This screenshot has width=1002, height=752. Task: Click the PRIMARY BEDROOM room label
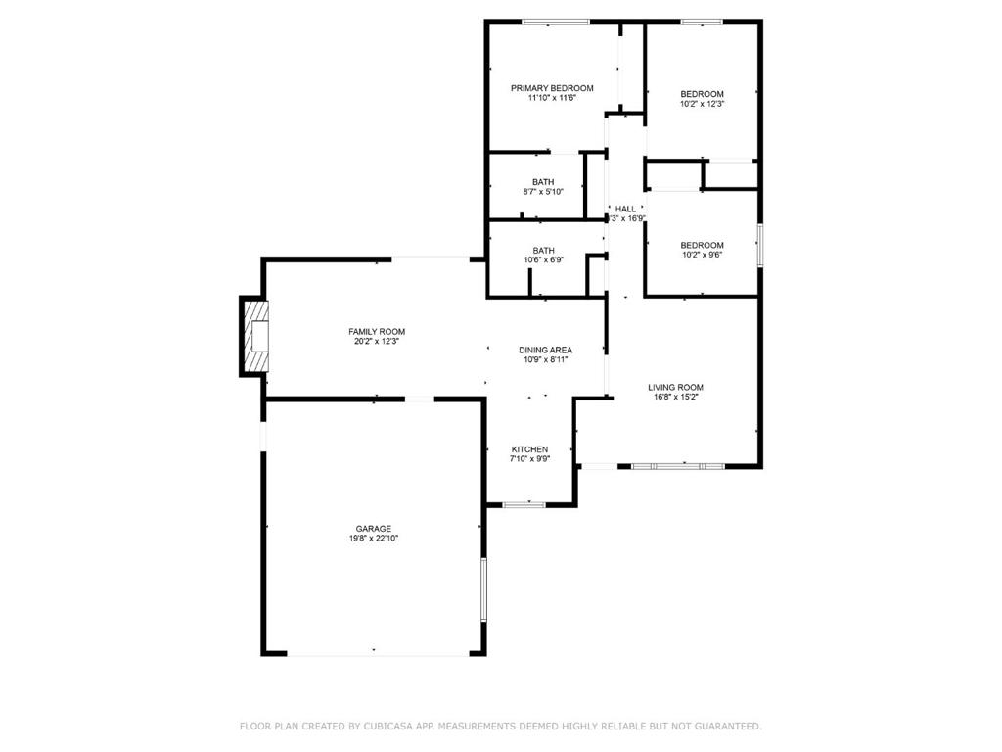coord(552,88)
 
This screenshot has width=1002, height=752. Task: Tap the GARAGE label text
coord(374,529)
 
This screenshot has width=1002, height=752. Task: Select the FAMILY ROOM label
coord(377,332)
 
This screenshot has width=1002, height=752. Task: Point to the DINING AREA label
coord(545,351)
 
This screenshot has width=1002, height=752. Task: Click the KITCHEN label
coord(529,449)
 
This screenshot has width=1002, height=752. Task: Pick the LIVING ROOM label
coord(675,388)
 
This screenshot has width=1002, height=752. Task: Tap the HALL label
coord(625,210)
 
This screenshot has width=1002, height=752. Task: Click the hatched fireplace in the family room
coord(258,337)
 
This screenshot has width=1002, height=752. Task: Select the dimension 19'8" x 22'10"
coord(374,539)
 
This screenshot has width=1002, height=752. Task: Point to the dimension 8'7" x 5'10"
coord(543,192)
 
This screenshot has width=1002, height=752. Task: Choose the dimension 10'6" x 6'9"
coord(544,260)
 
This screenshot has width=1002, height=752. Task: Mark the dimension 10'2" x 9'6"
coord(703,255)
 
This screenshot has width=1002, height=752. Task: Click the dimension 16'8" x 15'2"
coord(675,398)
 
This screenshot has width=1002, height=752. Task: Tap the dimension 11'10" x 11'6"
coord(552,98)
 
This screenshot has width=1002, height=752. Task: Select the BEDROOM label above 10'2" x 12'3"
coord(703,94)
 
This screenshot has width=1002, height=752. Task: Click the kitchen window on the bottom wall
coord(524,505)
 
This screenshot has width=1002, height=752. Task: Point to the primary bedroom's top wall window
coord(556,23)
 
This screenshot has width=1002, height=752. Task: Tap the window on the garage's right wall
coord(483,588)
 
